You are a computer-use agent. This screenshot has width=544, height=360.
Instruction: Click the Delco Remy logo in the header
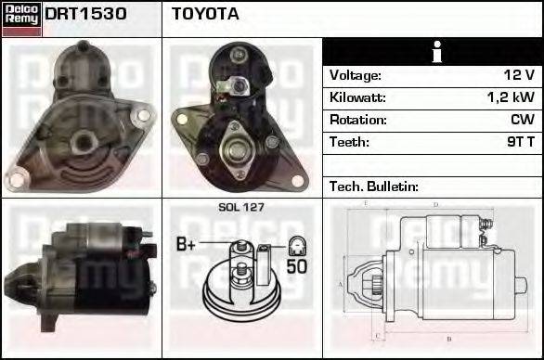coord(21,19)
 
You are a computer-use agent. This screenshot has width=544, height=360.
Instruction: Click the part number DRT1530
coord(85,15)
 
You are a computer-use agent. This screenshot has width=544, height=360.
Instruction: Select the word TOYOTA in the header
coord(205,15)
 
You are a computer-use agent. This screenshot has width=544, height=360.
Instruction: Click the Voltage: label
coord(356,75)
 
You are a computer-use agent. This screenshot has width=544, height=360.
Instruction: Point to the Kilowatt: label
coord(357,97)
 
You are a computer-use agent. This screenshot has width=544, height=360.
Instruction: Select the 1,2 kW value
coord(510,97)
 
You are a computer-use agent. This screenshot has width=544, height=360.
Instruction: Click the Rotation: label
coord(356,120)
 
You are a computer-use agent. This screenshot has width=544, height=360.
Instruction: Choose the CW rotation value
coord(522,120)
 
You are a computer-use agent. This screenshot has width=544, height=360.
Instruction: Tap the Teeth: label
coord(349,142)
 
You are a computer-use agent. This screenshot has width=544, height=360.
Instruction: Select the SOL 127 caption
coord(241,207)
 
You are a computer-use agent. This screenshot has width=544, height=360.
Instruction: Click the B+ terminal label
coord(187,245)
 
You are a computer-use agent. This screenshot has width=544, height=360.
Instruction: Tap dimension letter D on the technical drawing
coord(434,205)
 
